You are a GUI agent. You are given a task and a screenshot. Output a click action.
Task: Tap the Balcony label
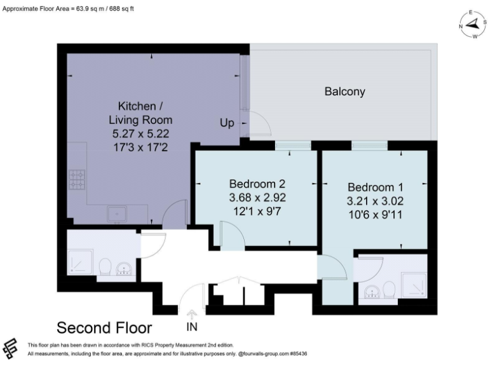click(344, 91)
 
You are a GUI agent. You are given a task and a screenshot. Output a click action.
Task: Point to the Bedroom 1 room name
click(375, 187)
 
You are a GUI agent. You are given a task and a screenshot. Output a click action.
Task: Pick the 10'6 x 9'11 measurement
click(375, 215)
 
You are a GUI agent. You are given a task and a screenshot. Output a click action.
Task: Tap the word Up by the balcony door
click(227, 123)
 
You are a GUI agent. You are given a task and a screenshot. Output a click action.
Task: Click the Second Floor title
click(104, 328)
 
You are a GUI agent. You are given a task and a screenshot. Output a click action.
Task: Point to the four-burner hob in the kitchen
click(78, 180)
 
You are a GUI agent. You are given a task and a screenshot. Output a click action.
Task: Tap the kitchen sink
click(116, 215)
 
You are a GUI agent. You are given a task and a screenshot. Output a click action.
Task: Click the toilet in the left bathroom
click(105, 267)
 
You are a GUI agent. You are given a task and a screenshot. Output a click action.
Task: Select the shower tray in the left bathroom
click(81, 262)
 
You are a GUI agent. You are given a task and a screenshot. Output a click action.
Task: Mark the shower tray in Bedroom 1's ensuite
click(414, 285)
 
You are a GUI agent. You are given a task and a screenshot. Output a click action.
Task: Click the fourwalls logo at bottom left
click(10, 348)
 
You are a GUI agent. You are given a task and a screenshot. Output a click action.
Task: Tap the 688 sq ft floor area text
click(118, 9)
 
